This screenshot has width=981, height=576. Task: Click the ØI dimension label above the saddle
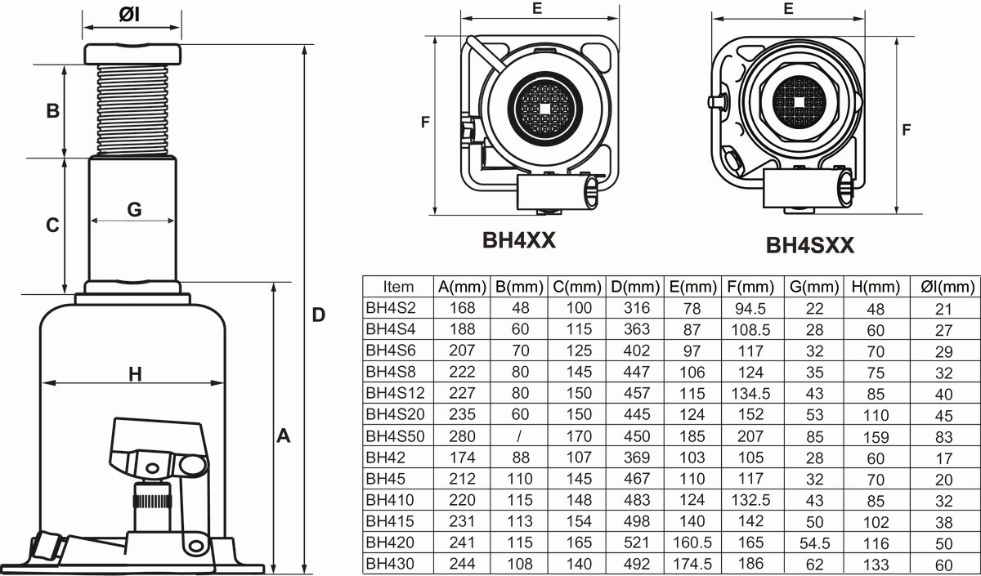coord(129,15)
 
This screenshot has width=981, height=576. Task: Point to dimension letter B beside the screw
coord(53,111)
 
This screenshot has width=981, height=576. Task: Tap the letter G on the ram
coord(134,210)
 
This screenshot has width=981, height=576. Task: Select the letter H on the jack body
coord(136,374)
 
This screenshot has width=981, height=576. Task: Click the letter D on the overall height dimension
coord(319,315)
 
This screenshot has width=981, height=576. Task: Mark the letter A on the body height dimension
coord(284,436)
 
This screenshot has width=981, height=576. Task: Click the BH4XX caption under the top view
coord(519,240)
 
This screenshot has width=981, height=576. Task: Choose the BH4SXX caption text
coord(810,245)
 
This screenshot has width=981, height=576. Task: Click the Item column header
coord(398,287)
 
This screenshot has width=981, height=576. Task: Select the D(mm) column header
coord(635,287)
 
